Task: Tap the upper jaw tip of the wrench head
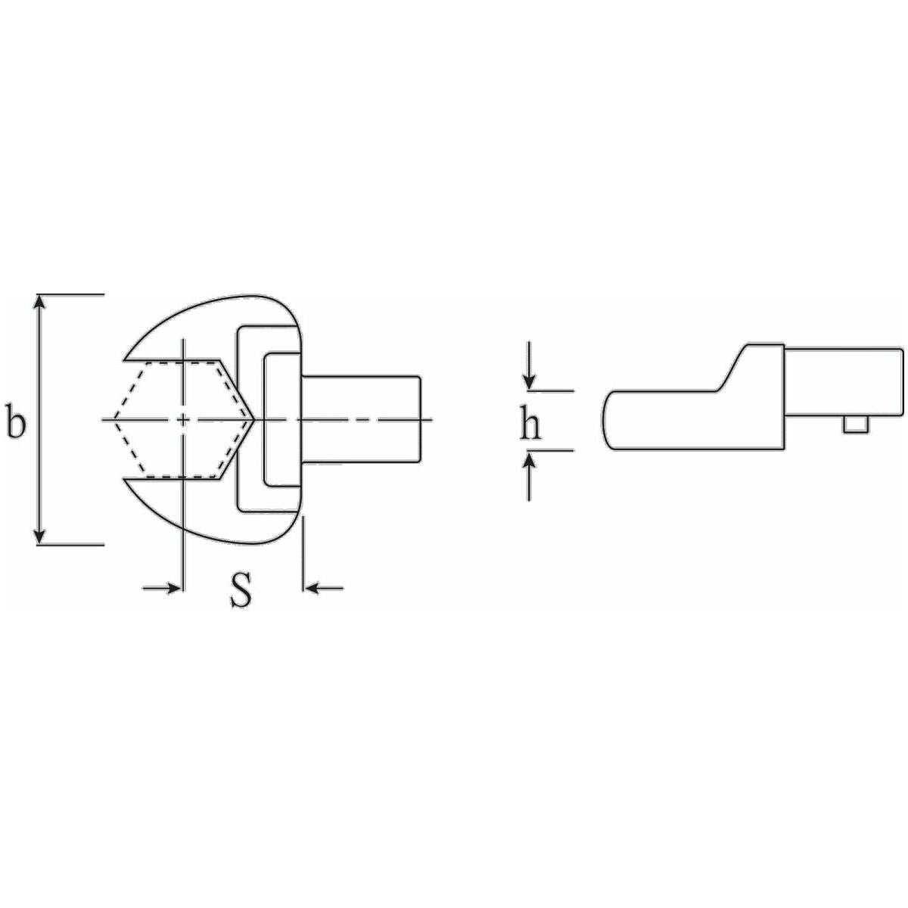[x=127, y=356]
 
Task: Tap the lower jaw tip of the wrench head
[x=127, y=481]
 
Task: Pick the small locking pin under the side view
[x=854, y=428]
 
